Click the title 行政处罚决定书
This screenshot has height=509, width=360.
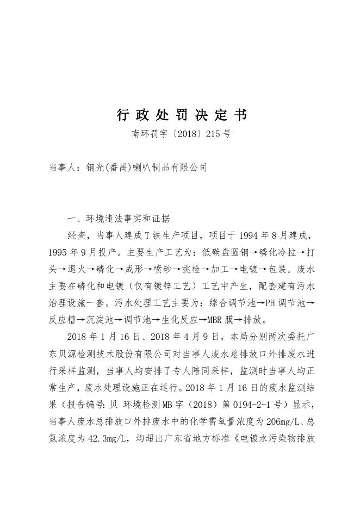(x=182, y=115)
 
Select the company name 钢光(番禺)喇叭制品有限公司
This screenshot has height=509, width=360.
(x=146, y=168)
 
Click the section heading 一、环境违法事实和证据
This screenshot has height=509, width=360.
(x=119, y=219)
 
